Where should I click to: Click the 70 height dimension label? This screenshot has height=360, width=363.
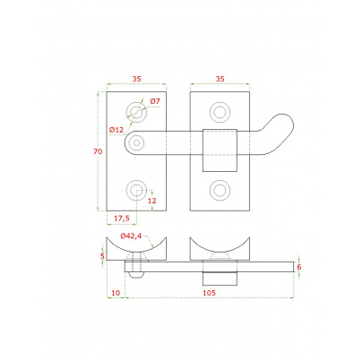(98, 151)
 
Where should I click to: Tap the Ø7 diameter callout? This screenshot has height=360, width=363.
(155, 101)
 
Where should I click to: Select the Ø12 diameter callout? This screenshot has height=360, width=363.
(117, 130)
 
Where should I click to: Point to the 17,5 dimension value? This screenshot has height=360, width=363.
(122, 219)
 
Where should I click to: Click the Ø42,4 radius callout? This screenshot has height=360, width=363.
(131, 236)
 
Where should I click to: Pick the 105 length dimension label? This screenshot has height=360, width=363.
(209, 293)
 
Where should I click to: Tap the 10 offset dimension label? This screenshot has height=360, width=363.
(116, 293)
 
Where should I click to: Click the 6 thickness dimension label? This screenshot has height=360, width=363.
(299, 267)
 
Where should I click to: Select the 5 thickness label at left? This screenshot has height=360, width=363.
(102, 256)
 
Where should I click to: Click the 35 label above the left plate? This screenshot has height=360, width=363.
(136, 79)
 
